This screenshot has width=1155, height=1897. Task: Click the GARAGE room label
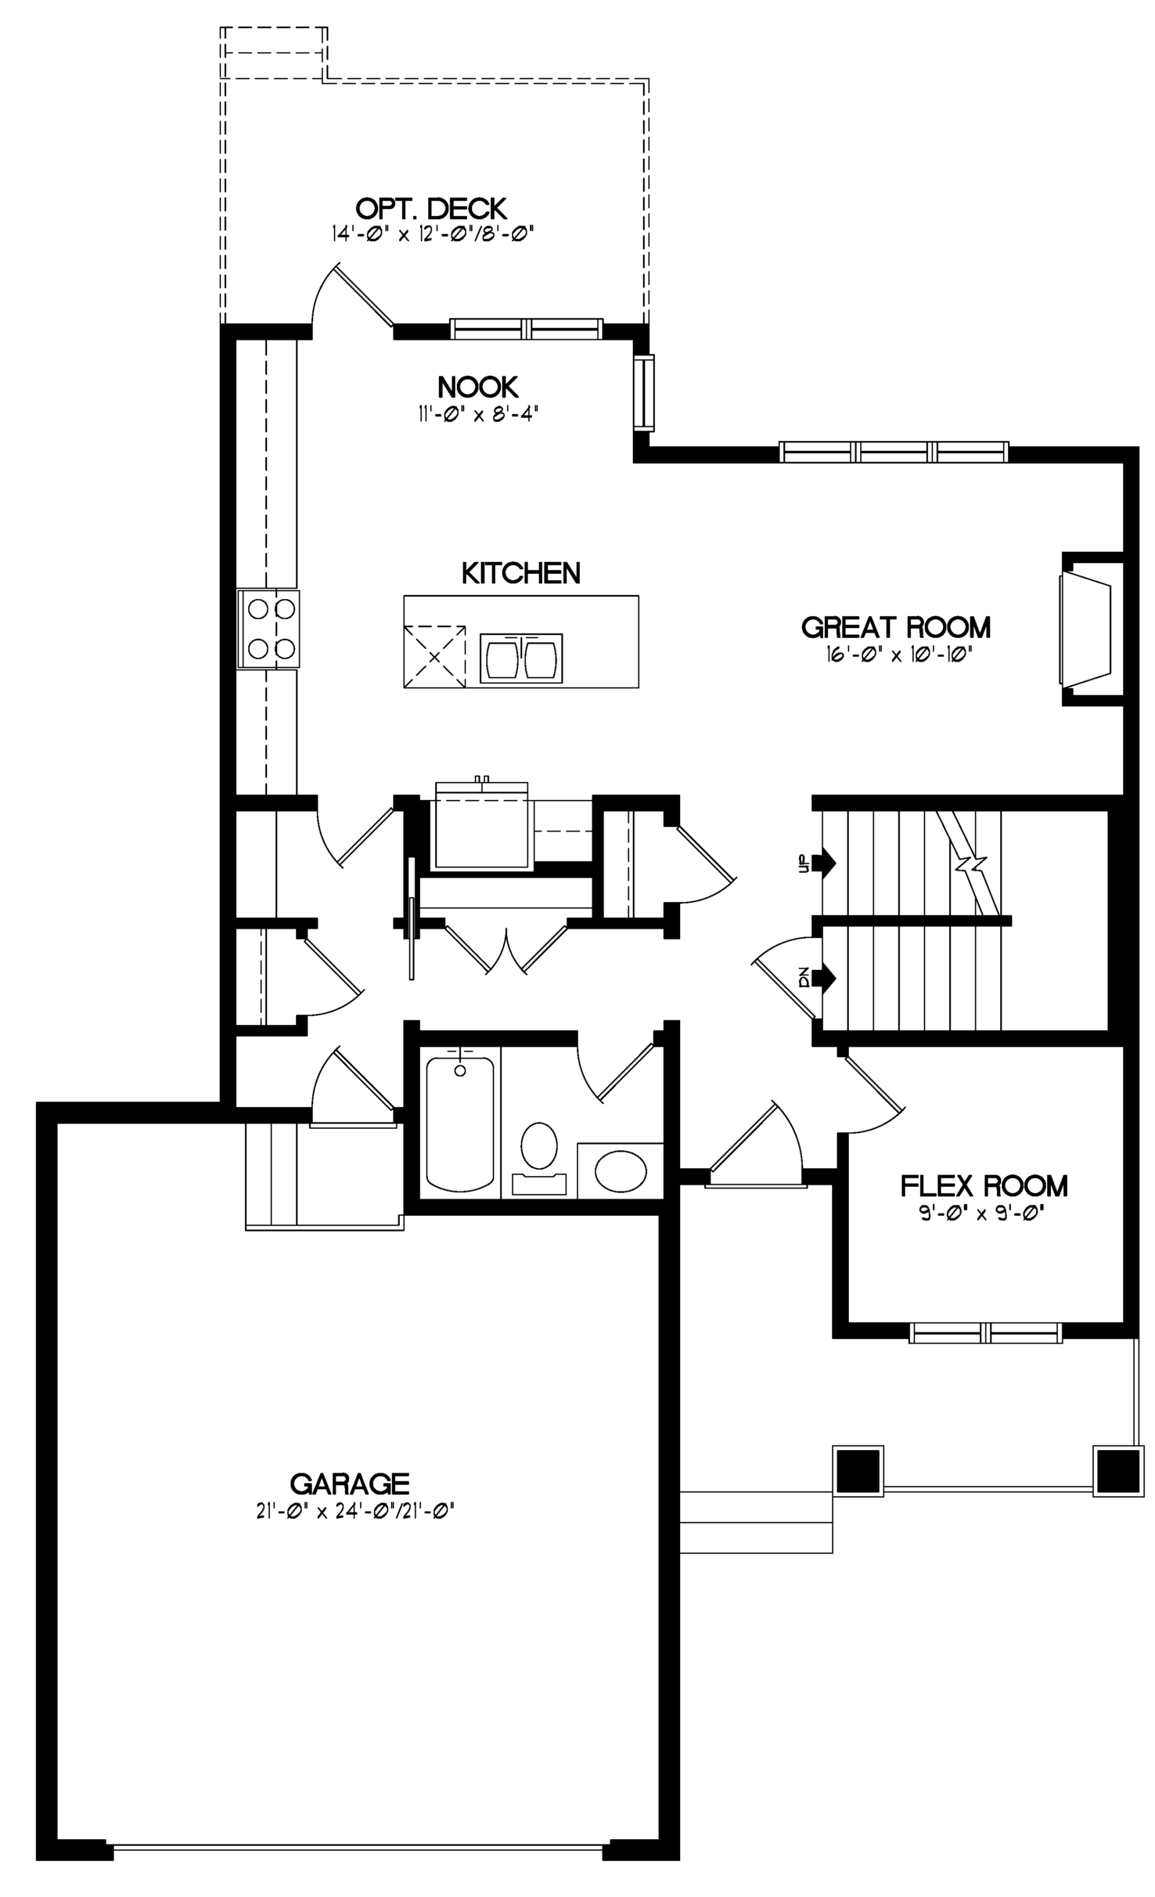click(x=350, y=1484)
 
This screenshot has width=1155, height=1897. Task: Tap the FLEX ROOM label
click(x=984, y=1186)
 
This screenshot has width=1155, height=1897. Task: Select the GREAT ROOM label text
click(x=896, y=627)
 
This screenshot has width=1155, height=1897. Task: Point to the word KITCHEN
click(x=521, y=573)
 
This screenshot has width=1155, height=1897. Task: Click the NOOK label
click(x=478, y=387)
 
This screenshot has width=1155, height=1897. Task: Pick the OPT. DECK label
click(x=431, y=209)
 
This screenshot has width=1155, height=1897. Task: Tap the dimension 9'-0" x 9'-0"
click(x=984, y=1213)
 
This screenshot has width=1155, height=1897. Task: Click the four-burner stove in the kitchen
click(x=269, y=629)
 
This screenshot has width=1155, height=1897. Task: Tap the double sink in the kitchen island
click(x=521, y=658)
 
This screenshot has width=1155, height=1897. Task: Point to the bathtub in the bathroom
click(x=460, y=1123)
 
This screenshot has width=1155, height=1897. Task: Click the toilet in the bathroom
click(x=538, y=1158)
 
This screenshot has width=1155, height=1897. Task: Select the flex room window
click(x=985, y=1333)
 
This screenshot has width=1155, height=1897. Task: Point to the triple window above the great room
click(x=894, y=452)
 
